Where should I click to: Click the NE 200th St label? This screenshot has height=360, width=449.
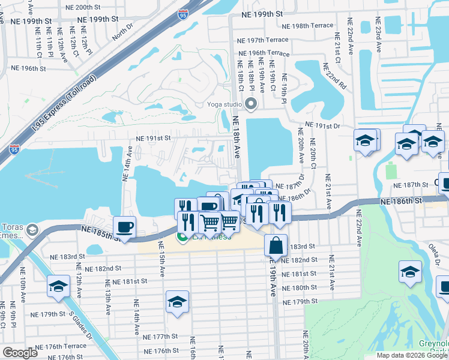pos(85,8)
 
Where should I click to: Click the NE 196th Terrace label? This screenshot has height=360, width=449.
pos(262,53)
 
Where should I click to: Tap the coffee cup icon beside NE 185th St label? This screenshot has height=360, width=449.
pos(124,227)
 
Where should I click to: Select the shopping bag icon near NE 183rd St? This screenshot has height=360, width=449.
pos(275,245)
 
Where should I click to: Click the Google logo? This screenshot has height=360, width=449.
pos(20,353)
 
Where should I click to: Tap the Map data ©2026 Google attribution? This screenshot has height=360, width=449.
pos(412,355)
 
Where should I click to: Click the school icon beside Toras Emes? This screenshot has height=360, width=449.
pos(33,230)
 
